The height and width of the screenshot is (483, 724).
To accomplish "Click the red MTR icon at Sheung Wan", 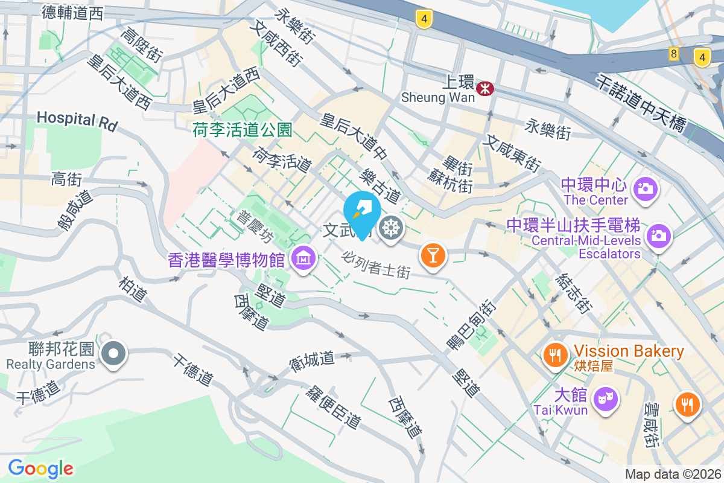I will [x=484, y=89].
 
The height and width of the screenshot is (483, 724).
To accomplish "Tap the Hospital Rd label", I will [x=76, y=119].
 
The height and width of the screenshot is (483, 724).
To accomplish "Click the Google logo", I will [x=40, y=469].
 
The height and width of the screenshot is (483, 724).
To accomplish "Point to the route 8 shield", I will [x=674, y=54].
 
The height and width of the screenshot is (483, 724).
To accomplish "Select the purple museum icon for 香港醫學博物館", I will [x=303, y=258].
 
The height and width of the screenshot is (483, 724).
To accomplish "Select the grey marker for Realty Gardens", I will [x=113, y=353].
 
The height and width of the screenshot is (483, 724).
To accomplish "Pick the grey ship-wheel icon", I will [x=392, y=228].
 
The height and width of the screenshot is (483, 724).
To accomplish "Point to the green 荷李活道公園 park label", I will [x=243, y=129].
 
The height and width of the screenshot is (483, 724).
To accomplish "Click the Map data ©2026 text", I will [x=672, y=475].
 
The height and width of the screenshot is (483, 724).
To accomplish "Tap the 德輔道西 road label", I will [x=73, y=13].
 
